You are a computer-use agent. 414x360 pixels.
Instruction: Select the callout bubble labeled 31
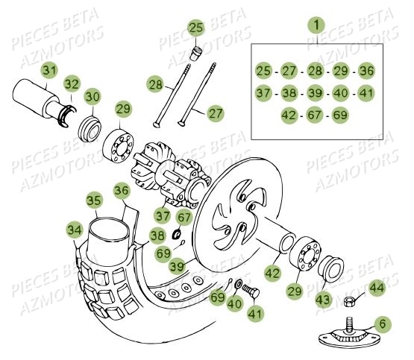(x=49, y=70)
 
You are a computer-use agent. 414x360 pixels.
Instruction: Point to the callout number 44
(x=377, y=286)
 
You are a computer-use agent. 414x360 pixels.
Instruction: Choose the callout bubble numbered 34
(x=75, y=229)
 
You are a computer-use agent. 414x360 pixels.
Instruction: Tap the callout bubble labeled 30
(x=92, y=96)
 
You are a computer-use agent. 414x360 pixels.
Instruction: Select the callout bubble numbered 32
(x=72, y=83)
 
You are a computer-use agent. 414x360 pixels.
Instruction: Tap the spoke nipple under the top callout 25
(x=198, y=53)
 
